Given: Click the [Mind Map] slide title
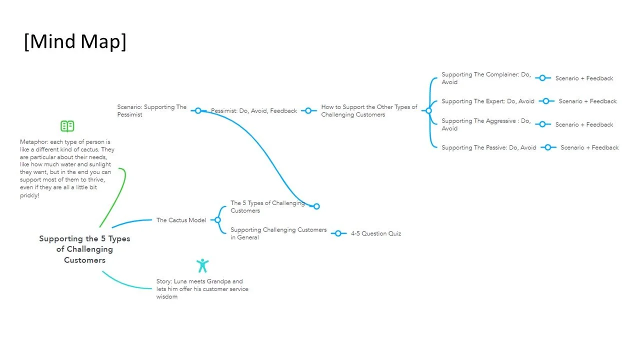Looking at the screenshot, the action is coord(75,42).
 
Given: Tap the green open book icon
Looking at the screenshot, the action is coord(67,126).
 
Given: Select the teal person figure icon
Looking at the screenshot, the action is coord(202,265).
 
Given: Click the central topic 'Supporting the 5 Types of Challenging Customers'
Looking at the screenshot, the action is coord(84,249).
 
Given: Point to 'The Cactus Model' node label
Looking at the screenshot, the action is coord(181,220).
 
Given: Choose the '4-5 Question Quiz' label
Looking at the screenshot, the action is coord(376,233).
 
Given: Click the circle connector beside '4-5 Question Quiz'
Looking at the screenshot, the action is coord(338,233).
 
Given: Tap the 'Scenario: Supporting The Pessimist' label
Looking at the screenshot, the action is coord(152,110).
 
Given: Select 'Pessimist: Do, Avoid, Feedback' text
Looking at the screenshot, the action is coord(254,111).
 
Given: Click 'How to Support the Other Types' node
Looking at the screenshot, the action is coord(369,110).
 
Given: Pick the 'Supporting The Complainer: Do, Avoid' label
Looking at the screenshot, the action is coord(486,78).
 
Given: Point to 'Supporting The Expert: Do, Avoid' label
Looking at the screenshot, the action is coord(488,101).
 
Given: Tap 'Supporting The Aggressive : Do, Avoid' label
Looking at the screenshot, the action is coord(486,124).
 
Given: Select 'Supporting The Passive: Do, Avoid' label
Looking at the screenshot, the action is coord(489,147).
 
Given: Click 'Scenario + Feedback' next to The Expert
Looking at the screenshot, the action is coord(587,101).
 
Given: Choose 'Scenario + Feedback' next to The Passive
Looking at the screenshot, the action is coord(589,147).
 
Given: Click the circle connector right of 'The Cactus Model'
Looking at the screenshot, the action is coord(217,220).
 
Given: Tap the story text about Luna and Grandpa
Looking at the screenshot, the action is coord(202,289).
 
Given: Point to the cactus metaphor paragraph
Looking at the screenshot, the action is coord(67,168).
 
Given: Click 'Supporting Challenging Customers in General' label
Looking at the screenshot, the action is coord(278,233).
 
